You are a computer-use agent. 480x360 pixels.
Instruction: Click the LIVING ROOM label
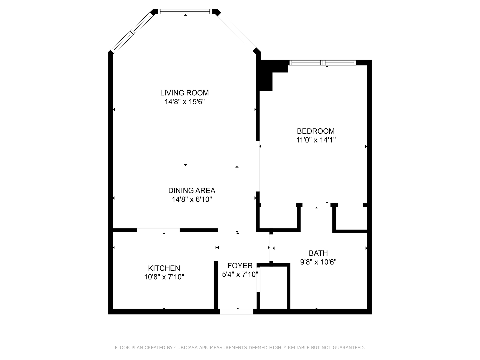(184, 93)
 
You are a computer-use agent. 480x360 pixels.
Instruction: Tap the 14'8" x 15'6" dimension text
(184, 102)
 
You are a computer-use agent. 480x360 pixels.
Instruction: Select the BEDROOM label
(316, 131)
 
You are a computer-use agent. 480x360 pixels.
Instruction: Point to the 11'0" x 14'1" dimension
(316, 140)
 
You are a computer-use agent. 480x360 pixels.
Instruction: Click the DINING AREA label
(192, 190)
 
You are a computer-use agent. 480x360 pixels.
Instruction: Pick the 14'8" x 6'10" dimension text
(192, 199)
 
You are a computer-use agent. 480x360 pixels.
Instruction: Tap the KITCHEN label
(164, 268)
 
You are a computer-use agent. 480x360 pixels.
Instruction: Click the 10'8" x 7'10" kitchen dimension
(164, 277)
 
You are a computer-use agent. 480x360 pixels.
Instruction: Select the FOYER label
(240, 266)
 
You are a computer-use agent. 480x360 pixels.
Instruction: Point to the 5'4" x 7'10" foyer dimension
(240, 274)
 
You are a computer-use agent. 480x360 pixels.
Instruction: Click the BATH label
(318, 253)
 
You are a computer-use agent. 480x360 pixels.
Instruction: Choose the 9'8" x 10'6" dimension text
(318, 262)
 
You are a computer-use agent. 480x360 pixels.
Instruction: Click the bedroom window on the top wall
(322, 63)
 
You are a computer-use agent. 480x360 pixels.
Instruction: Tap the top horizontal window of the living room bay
(185, 12)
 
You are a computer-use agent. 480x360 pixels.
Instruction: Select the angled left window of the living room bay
(132, 33)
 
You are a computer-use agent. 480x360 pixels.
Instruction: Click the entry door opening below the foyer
(236, 312)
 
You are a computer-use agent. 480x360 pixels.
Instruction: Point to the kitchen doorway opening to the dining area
(158, 230)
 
